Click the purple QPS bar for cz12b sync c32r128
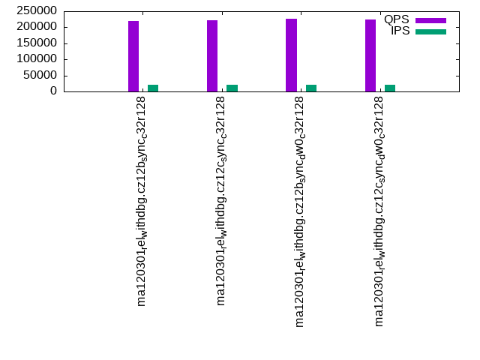pyautogui.click(x=133, y=56)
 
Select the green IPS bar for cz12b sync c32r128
pyautogui.click(x=153, y=88)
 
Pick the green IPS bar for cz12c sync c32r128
pyautogui.click(x=232, y=88)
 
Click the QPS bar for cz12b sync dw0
pyautogui.click(x=291, y=55)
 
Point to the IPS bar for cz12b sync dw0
pyautogui.click(x=311, y=88)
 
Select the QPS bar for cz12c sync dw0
pyautogui.click(x=370, y=55)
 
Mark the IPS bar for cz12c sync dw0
pyautogui.click(x=390, y=88)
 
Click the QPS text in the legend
pyautogui.click(x=396, y=19)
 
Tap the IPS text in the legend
pyautogui.click(x=400, y=31)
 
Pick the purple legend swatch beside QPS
pyautogui.click(x=430, y=20)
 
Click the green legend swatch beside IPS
pyautogui.click(x=430, y=31)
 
